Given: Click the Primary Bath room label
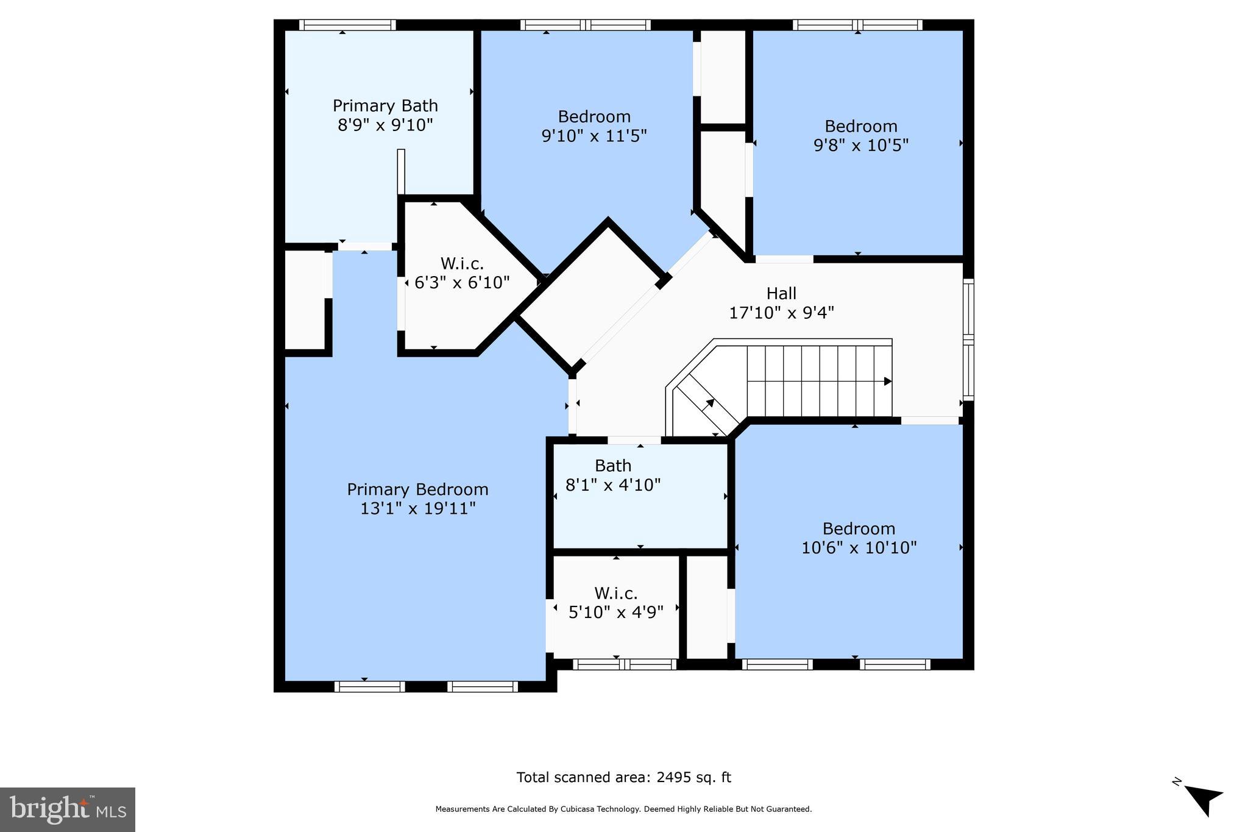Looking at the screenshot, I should pos(385,106).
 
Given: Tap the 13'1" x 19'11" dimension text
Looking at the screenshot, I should pos(417,508).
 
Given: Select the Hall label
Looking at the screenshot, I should pos(781,294).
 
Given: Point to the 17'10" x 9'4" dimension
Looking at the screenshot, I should pos(781,313).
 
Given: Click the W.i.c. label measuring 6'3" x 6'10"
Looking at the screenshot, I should pos(462,264).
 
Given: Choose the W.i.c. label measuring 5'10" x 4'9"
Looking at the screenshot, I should pos(615,593).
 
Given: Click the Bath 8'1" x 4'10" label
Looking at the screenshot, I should pos(613,466).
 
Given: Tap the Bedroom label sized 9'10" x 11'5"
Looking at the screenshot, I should pos(594,116).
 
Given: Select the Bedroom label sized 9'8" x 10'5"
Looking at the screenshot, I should pos(860,126).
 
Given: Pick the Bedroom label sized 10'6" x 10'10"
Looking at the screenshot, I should pos(859,528).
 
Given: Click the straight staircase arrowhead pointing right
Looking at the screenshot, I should pos(888,382).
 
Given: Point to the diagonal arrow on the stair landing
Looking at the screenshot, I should pos(710,403).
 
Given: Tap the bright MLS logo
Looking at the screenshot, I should pos(67,809).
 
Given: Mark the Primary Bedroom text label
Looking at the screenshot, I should pos(417,489).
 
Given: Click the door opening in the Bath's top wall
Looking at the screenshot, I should pos(634,440).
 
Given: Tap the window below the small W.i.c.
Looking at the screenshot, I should pos(625,664).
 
